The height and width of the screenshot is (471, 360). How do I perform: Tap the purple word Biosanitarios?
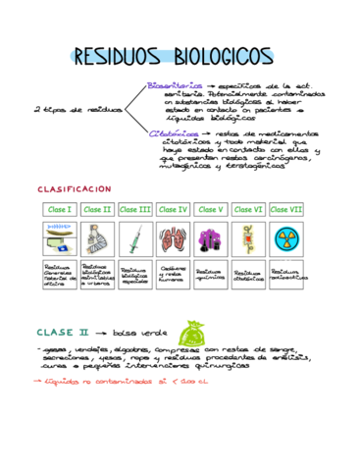click(x=176, y=85)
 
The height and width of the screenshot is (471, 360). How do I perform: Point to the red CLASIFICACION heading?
click(x=75, y=188)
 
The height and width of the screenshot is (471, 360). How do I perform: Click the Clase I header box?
click(x=60, y=210)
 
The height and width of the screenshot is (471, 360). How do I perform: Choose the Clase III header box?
click(x=135, y=210)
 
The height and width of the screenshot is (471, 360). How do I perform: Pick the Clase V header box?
click(x=211, y=210)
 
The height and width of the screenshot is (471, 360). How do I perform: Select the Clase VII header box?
click(x=286, y=210)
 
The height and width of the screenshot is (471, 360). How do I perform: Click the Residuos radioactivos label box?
click(x=286, y=275)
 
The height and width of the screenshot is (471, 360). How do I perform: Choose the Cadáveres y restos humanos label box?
click(x=174, y=275)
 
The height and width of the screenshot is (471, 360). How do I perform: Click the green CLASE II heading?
click(x=64, y=332)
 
